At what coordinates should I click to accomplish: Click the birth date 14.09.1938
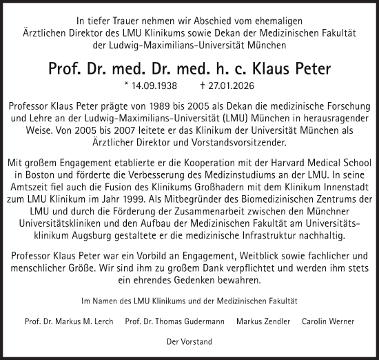coord(153,87)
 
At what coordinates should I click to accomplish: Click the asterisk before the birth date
coord(125,87)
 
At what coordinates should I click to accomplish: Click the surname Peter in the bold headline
coord(306,69)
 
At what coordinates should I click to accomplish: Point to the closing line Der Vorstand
coord(189,341)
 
